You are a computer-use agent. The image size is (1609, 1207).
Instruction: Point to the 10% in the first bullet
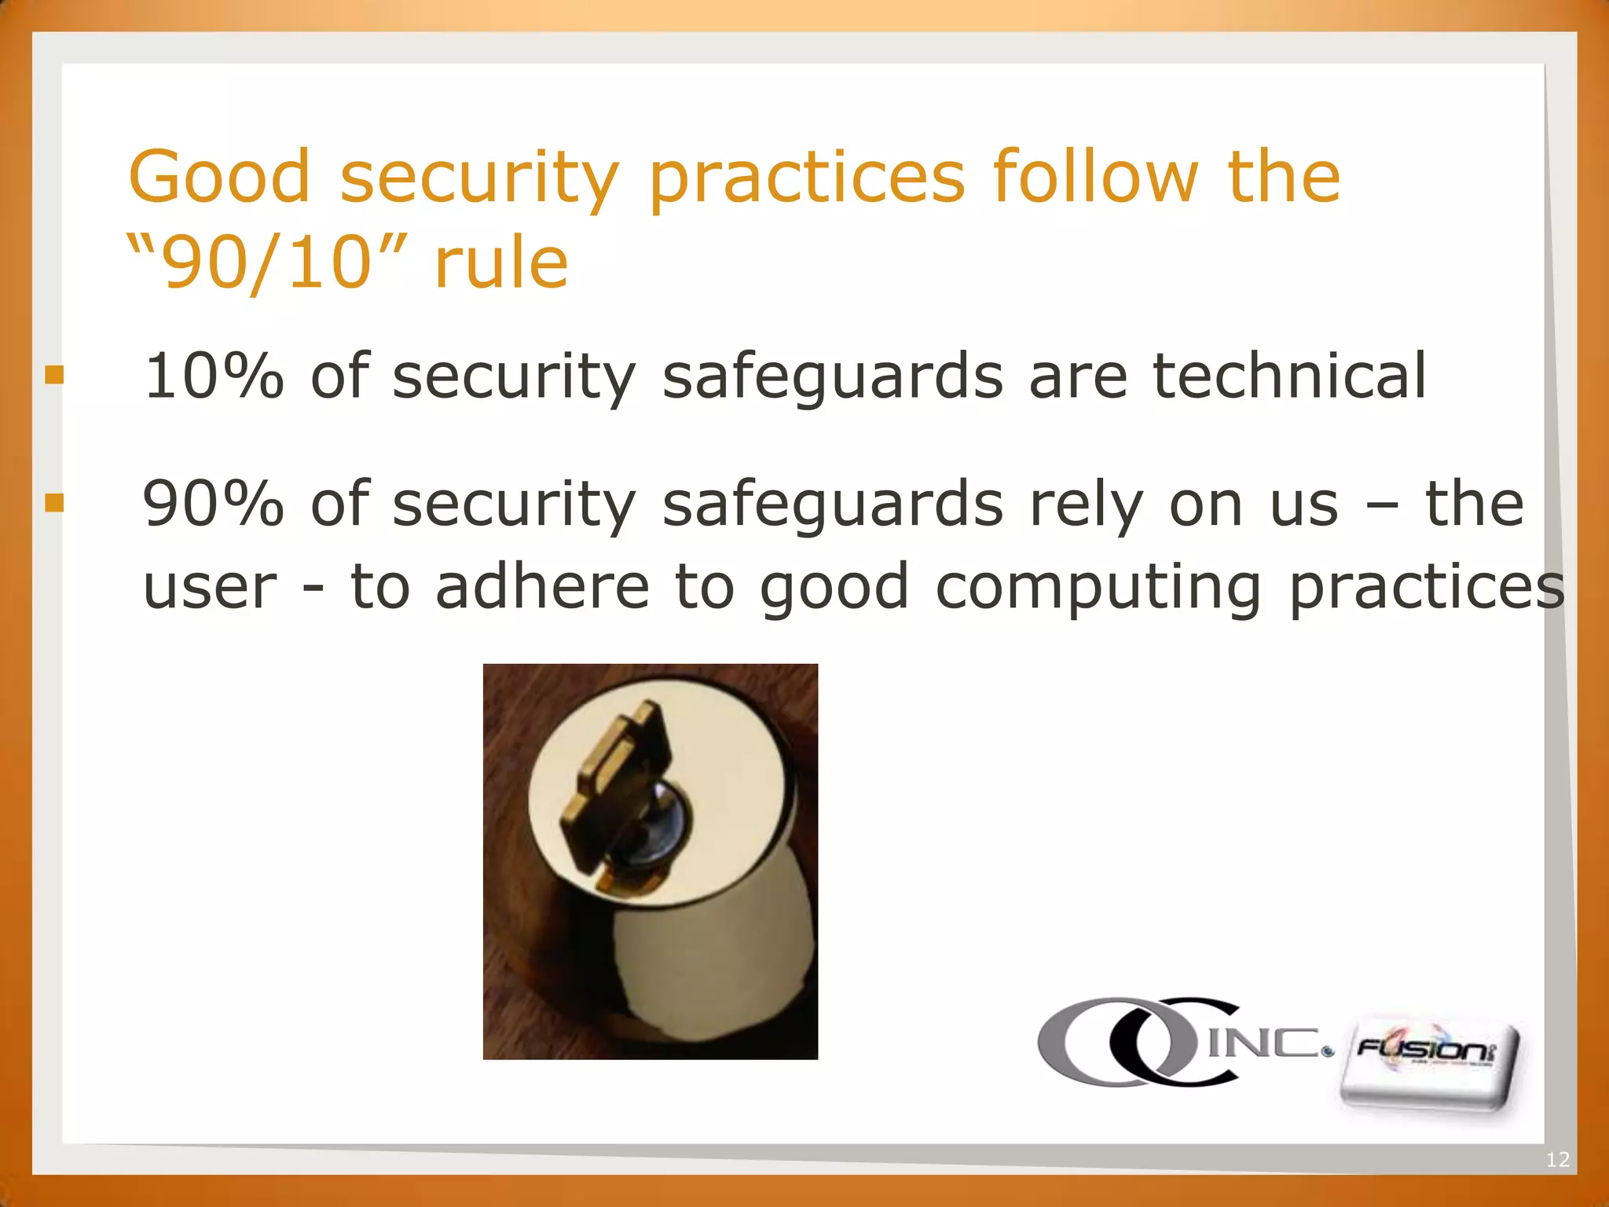[214, 376]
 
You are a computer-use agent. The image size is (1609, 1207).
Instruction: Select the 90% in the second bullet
[213, 504]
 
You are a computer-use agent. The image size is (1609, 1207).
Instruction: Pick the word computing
[1098, 588]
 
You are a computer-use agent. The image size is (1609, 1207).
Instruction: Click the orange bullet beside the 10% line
[54, 375]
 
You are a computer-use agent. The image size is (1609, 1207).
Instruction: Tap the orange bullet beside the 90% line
[54, 502]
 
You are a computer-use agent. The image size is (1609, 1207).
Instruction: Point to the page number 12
[1558, 1159]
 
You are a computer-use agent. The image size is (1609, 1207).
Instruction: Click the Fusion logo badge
[1428, 1062]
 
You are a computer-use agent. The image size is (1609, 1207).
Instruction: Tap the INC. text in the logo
[1266, 1043]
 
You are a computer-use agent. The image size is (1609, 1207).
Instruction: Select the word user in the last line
[210, 588]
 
